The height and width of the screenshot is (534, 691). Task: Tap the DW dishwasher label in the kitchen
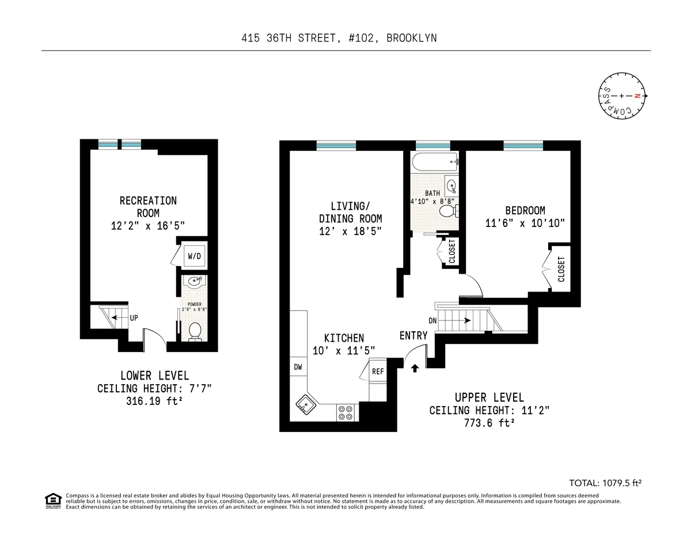(298, 367)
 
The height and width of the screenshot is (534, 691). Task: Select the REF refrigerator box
(378, 372)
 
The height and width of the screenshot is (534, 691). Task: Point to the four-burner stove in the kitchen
(346, 412)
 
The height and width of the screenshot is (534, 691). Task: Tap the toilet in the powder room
(195, 331)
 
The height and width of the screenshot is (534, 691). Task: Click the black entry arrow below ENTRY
(415, 368)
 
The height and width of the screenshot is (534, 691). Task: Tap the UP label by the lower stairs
(134, 317)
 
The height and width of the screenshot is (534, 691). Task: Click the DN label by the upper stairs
(432, 320)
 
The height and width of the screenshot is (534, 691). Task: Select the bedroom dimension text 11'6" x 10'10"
(525, 224)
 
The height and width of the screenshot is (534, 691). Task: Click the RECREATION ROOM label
(148, 207)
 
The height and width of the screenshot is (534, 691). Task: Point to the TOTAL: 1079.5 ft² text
(605, 483)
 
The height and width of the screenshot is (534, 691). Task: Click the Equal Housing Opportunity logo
(53, 501)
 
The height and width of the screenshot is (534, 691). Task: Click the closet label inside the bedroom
(561, 269)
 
